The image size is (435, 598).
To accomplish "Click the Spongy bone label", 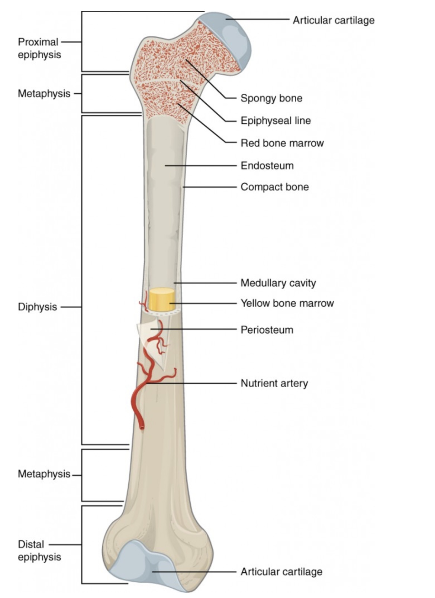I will click(x=271, y=98).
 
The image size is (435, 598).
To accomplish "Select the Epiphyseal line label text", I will click(x=275, y=120).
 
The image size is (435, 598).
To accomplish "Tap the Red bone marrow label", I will click(x=282, y=143).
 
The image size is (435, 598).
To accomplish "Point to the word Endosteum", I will click(x=267, y=165).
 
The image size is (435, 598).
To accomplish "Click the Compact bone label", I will click(x=274, y=187).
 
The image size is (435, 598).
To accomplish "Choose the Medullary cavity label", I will click(x=278, y=283).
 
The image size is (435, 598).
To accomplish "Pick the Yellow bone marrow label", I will click(x=287, y=303).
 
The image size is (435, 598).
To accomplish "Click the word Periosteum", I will click(x=267, y=330).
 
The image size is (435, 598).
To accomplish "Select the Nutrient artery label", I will click(x=274, y=383).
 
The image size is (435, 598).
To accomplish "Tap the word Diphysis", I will click(x=37, y=307).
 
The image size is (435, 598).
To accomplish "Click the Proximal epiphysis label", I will click(x=39, y=48).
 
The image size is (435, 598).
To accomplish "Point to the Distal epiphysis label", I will click(x=39, y=550).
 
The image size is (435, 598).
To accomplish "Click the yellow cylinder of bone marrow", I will click(x=161, y=300).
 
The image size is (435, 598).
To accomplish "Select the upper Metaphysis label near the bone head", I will click(x=44, y=93).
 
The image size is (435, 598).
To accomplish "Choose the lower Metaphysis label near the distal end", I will click(x=44, y=474).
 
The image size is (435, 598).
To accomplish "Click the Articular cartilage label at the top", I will click(x=333, y=20).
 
